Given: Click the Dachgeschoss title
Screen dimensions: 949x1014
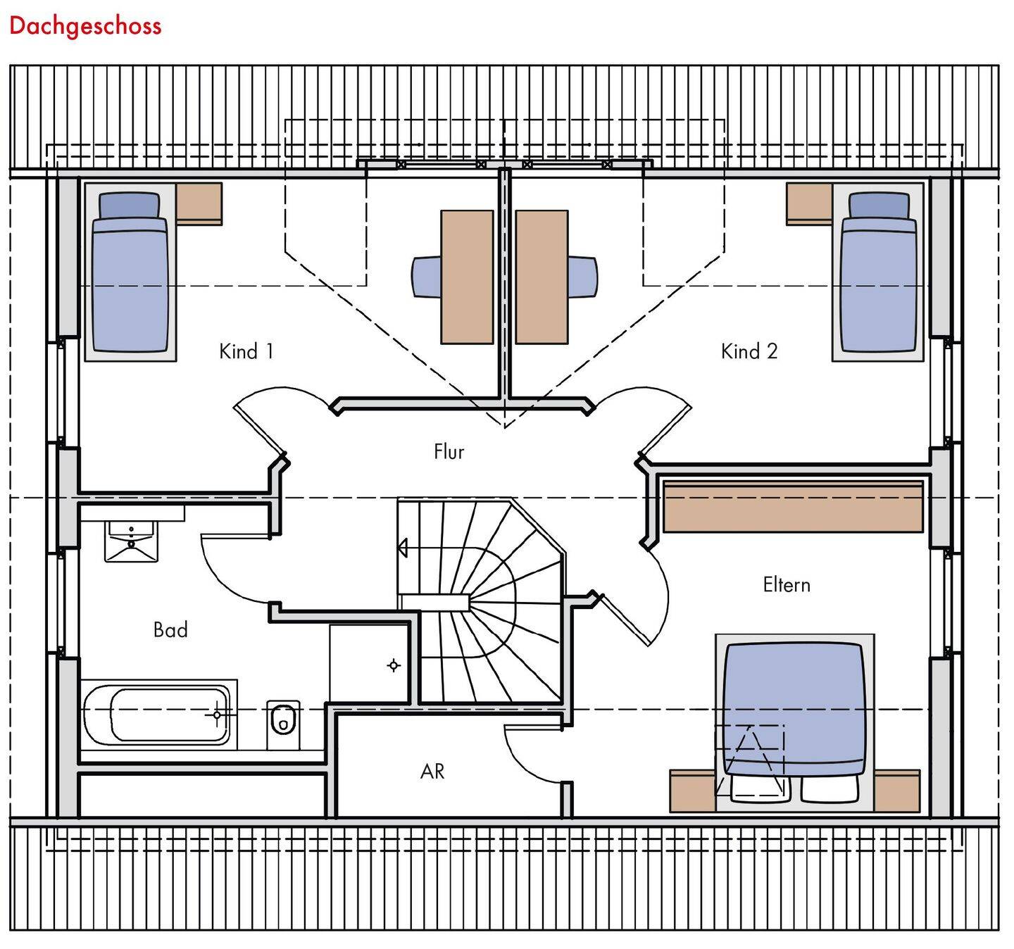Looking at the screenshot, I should [85, 26].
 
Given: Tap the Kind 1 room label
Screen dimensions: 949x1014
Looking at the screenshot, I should [246, 351].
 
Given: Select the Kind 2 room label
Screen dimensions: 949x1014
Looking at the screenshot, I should [749, 351].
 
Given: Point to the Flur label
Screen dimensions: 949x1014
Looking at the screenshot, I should [449, 451].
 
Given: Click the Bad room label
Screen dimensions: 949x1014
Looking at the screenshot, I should [170, 629].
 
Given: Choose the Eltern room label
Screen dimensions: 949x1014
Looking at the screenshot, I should [787, 585].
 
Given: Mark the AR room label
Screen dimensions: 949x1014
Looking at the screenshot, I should [432, 772].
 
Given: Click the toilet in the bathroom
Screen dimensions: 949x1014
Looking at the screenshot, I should [283, 723].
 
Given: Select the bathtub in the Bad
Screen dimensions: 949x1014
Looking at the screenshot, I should [158, 715].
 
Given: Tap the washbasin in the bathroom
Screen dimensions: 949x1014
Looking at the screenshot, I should [131, 540].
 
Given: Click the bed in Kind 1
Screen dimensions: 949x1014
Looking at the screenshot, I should [130, 275].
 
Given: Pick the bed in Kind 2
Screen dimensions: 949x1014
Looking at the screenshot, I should [878, 275].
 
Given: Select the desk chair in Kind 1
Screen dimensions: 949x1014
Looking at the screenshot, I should [426, 277].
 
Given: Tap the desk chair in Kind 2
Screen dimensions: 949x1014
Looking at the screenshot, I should [583, 277].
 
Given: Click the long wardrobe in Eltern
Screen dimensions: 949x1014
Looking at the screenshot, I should [793, 506].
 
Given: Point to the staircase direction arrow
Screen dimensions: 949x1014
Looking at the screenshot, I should [403, 547].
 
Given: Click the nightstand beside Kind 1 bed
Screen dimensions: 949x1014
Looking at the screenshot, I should [199, 203].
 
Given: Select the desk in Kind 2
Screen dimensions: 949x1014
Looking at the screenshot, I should [542, 277].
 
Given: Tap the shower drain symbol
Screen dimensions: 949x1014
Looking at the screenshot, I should [393, 665].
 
